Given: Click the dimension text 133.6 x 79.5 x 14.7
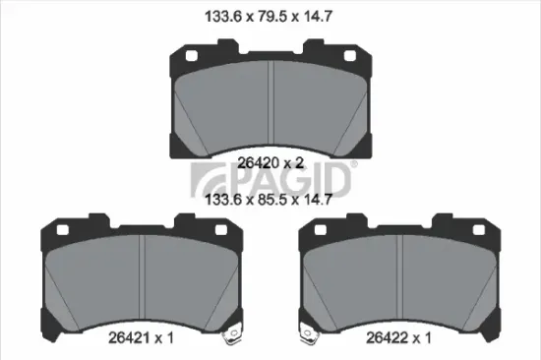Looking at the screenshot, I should (270, 16).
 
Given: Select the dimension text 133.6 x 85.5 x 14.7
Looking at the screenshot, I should (270, 199).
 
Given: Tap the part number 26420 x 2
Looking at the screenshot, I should (270, 164).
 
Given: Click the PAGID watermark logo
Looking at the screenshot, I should (270, 182).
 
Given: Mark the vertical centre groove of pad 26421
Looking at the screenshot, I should (144, 281).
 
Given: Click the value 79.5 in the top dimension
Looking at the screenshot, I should (270, 16).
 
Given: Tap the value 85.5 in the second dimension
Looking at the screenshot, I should (270, 199).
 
